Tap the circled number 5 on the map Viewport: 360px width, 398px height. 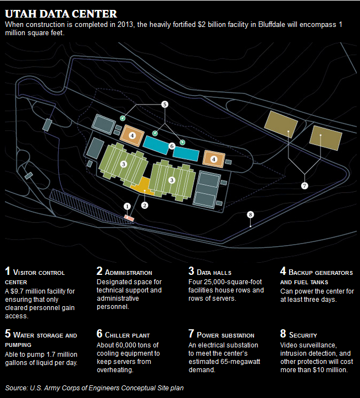(x=164, y=103)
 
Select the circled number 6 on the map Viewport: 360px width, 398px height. (x=172, y=146)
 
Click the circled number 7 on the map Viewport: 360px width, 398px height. (x=304, y=186)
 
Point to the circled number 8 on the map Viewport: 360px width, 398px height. (x=251, y=214)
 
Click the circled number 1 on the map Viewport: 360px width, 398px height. (x=127, y=206)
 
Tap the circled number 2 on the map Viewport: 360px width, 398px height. (x=145, y=206)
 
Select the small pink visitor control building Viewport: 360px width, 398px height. (x=129, y=218)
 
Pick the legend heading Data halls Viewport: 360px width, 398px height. (x=213, y=272)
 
